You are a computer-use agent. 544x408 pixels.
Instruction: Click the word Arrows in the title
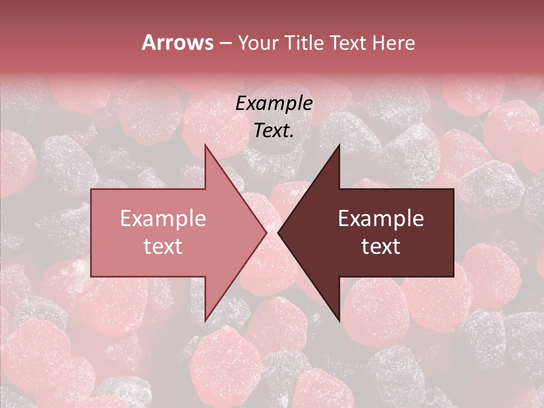177,42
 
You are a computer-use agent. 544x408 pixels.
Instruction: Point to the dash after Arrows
225,44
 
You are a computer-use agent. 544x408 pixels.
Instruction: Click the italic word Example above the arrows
274,104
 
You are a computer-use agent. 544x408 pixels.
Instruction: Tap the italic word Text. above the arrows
274,130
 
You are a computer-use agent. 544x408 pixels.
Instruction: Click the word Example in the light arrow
163,219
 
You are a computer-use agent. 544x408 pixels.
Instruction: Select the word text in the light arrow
163,246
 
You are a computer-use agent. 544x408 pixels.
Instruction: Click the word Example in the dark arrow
381,219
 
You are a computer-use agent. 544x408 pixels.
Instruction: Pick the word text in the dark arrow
381,246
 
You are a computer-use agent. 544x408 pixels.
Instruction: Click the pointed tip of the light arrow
265,232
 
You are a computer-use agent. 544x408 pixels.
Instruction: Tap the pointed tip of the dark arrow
279,232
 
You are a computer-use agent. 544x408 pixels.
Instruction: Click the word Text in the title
350,42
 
